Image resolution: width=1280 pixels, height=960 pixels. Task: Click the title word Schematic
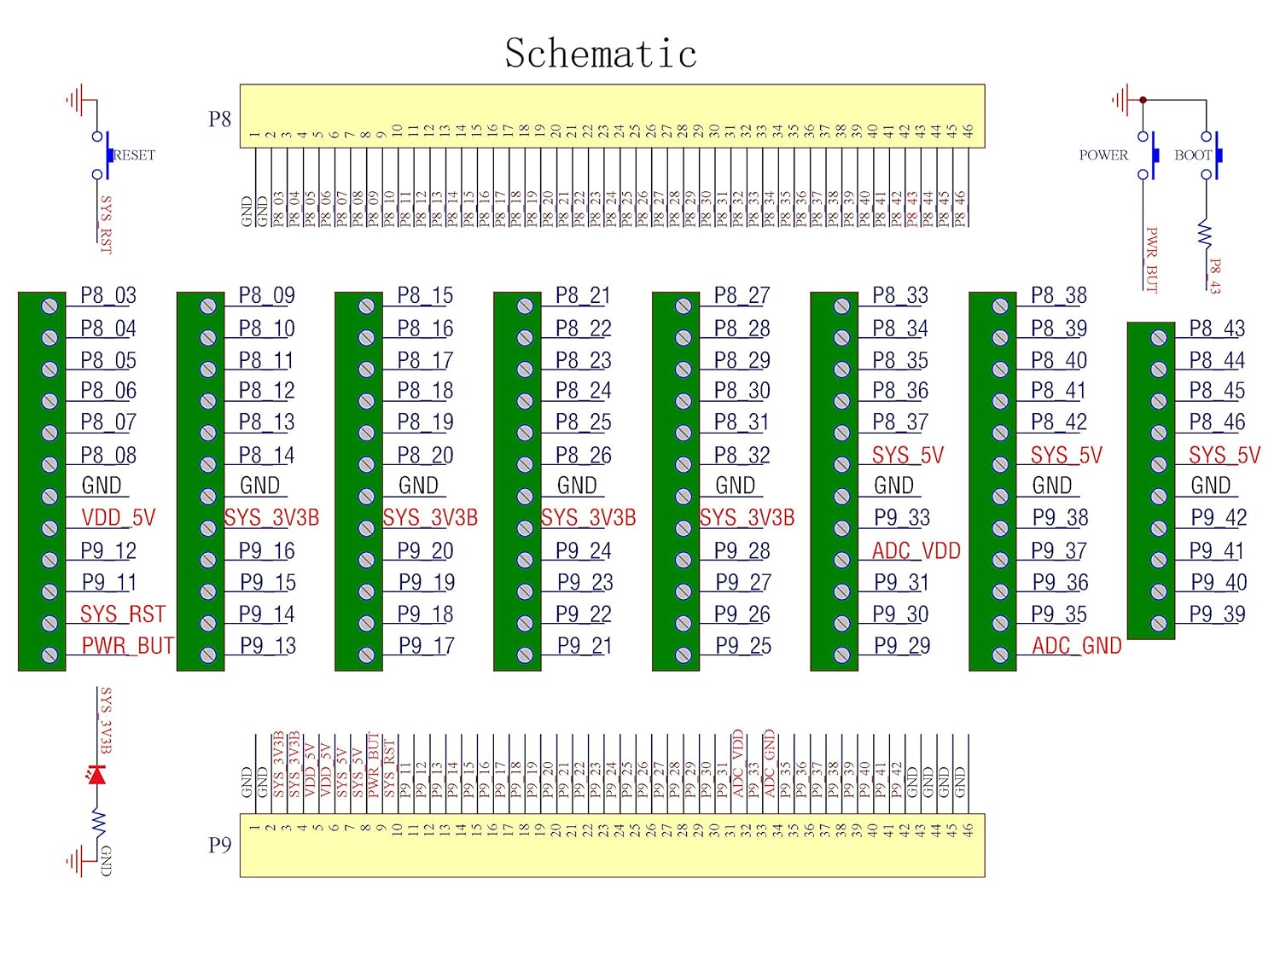point(601,53)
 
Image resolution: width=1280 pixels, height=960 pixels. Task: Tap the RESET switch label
point(135,155)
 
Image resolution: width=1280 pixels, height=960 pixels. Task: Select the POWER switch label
point(1103,155)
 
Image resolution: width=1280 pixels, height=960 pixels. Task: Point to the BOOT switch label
point(1192,155)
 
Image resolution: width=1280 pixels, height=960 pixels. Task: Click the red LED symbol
point(97,775)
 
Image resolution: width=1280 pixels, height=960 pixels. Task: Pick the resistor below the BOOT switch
point(1206,233)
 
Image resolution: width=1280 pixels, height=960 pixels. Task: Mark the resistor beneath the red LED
point(97,823)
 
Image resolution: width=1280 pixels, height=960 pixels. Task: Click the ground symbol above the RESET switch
point(79,101)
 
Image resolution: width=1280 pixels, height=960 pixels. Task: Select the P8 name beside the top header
point(219,119)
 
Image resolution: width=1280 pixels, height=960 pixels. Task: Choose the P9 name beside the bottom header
point(219,845)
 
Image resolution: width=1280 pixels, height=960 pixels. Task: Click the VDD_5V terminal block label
point(119,518)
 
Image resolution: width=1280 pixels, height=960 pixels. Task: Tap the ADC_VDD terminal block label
point(916,551)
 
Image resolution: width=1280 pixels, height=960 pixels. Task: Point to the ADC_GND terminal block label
point(1076,646)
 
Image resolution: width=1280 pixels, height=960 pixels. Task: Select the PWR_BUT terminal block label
point(127,646)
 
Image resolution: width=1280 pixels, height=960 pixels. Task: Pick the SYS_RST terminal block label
point(122,614)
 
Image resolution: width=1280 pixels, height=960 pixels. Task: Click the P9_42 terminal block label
point(1218,518)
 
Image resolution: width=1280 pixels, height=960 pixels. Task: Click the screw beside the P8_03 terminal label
point(50,305)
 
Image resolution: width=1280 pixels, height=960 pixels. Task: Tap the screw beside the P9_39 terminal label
point(1158,623)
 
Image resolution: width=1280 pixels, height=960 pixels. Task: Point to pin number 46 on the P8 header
point(968,131)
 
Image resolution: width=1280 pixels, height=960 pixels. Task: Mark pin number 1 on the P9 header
point(254,826)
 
